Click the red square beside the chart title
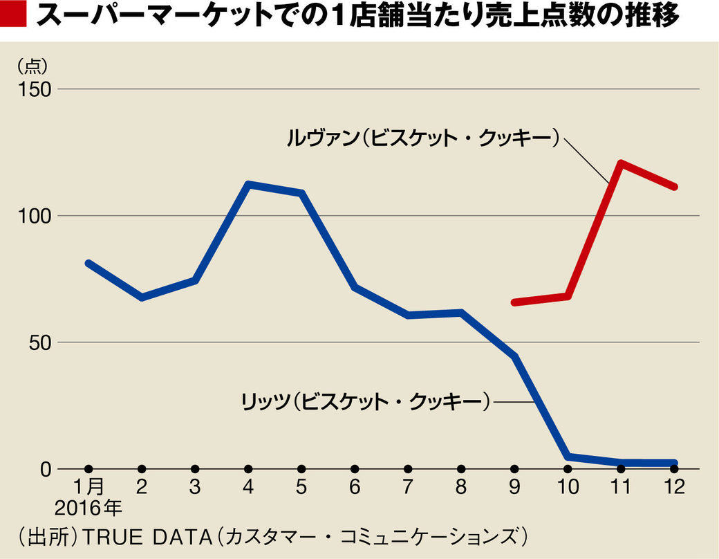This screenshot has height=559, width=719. (x=13, y=17)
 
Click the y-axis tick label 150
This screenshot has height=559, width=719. (x=36, y=89)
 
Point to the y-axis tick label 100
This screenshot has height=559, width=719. (x=36, y=216)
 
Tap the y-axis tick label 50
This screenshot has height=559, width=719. (x=41, y=342)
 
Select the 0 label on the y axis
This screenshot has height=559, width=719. (x=46, y=469)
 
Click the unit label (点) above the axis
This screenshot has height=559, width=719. (x=31, y=66)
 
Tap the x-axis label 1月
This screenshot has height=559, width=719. (x=89, y=487)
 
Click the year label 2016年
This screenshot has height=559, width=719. (x=89, y=510)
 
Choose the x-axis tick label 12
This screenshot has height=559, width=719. (x=674, y=487)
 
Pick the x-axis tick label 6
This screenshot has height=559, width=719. (x=355, y=487)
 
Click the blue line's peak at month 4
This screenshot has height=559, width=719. (x=249, y=185)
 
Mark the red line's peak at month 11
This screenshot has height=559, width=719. (x=621, y=163)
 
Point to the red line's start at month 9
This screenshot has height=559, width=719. (x=514, y=302)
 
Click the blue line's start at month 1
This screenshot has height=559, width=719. (x=88, y=264)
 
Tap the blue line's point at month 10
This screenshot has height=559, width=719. (x=568, y=457)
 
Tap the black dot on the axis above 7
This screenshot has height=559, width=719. (x=408, y=469)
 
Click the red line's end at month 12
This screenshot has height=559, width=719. (x=674, y=187)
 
